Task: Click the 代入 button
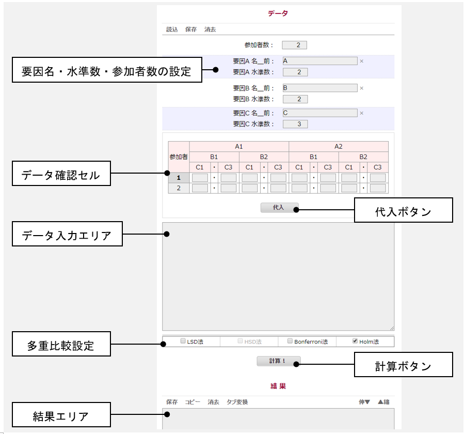(279, 208)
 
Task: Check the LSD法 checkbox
(183, 342)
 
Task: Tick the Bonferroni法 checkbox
(291, 342)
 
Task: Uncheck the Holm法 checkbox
(355, 342)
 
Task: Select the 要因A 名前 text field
(319, 61)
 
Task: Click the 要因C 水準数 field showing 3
(295, 124)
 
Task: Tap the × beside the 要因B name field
(361, 88)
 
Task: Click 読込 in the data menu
(172, 29)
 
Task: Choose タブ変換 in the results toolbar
(237, 402)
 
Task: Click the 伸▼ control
(364, 402)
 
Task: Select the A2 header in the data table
(338, 146)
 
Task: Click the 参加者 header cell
(179, 156)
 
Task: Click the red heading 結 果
(278, 386)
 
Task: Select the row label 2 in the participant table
(179, 188)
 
